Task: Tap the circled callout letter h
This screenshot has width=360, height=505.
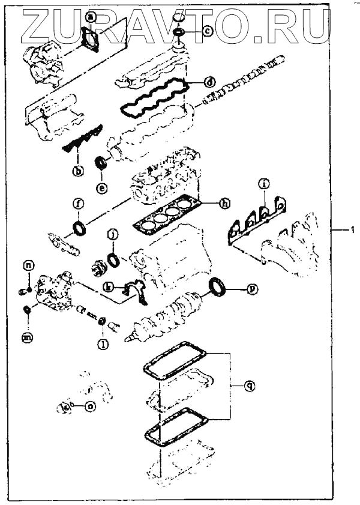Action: pyautogui.click(x=224, y=204)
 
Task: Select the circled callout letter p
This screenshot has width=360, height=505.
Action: pyautogui.click(x=253, y=289)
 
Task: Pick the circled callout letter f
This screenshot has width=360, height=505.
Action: pyautogui.click(x=77, y=204)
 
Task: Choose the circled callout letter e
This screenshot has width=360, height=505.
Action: pyautogui.click(x=102, y=188)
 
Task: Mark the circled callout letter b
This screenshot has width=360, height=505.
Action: pyautogui.click(x=78, y=171)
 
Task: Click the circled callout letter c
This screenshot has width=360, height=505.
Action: pyautogui.click(x=207, y=29)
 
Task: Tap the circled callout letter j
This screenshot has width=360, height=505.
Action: pyautogui.click(x=112, y=234)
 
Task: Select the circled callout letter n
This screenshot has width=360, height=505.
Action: pyautogui.click(x=29, y=265)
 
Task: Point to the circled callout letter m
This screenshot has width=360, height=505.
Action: pyautogui.click(x=27, y=339)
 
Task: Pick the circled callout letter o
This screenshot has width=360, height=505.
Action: pyautogui.click(x=90, y=407)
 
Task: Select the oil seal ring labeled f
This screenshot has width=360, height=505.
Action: pyautogui.click(x=79, y=229)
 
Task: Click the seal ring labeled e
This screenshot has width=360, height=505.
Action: pyautogui.click(x=102, y=162)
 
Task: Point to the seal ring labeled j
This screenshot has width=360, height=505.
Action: pyautogui.click(x=113, y=259)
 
